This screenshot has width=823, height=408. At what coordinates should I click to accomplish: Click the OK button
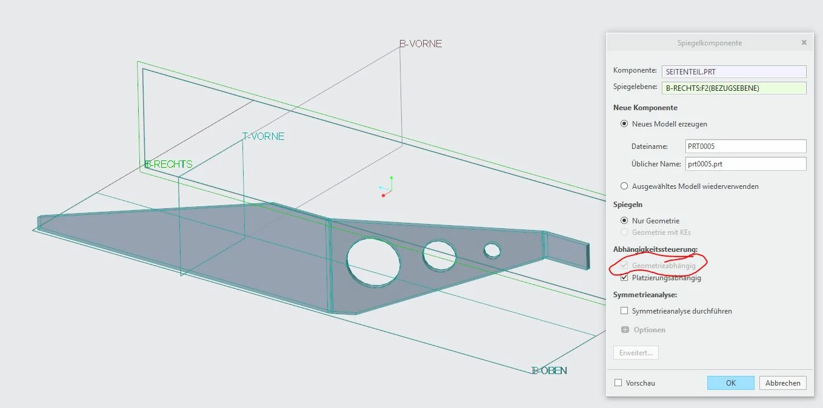click(730, 383)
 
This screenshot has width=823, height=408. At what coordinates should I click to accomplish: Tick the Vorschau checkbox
click(618, 383)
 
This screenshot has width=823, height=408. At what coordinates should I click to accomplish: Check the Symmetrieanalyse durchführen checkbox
click(624, 311)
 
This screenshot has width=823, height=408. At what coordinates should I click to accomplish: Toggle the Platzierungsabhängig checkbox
click(624, 278)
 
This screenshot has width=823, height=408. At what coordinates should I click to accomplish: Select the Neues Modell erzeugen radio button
click(624, 123)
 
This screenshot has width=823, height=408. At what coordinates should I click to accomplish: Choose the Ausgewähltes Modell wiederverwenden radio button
click(624, 186)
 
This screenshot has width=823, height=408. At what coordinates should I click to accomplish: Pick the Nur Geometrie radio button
click(624, 220)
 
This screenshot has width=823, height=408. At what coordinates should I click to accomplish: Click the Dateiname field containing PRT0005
click(746, 146)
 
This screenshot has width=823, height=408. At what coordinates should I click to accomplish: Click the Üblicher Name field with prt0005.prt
click(746, 163)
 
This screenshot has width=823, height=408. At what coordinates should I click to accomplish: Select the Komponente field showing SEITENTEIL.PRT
click(734, 71)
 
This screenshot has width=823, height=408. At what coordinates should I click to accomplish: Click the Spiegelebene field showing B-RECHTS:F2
click(734, 88)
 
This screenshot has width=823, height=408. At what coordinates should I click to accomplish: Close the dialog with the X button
click(804, 42)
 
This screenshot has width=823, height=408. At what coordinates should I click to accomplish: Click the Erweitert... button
click(636, 352)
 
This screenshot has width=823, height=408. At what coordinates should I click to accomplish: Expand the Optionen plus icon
click(625, 329)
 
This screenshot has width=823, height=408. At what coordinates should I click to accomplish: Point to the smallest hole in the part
click(492, 251)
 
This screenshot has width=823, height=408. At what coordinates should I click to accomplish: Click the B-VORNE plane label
click(421, 44)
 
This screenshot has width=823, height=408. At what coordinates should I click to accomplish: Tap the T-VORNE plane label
click(264, 136)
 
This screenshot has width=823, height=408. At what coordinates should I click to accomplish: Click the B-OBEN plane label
click(549, 370)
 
